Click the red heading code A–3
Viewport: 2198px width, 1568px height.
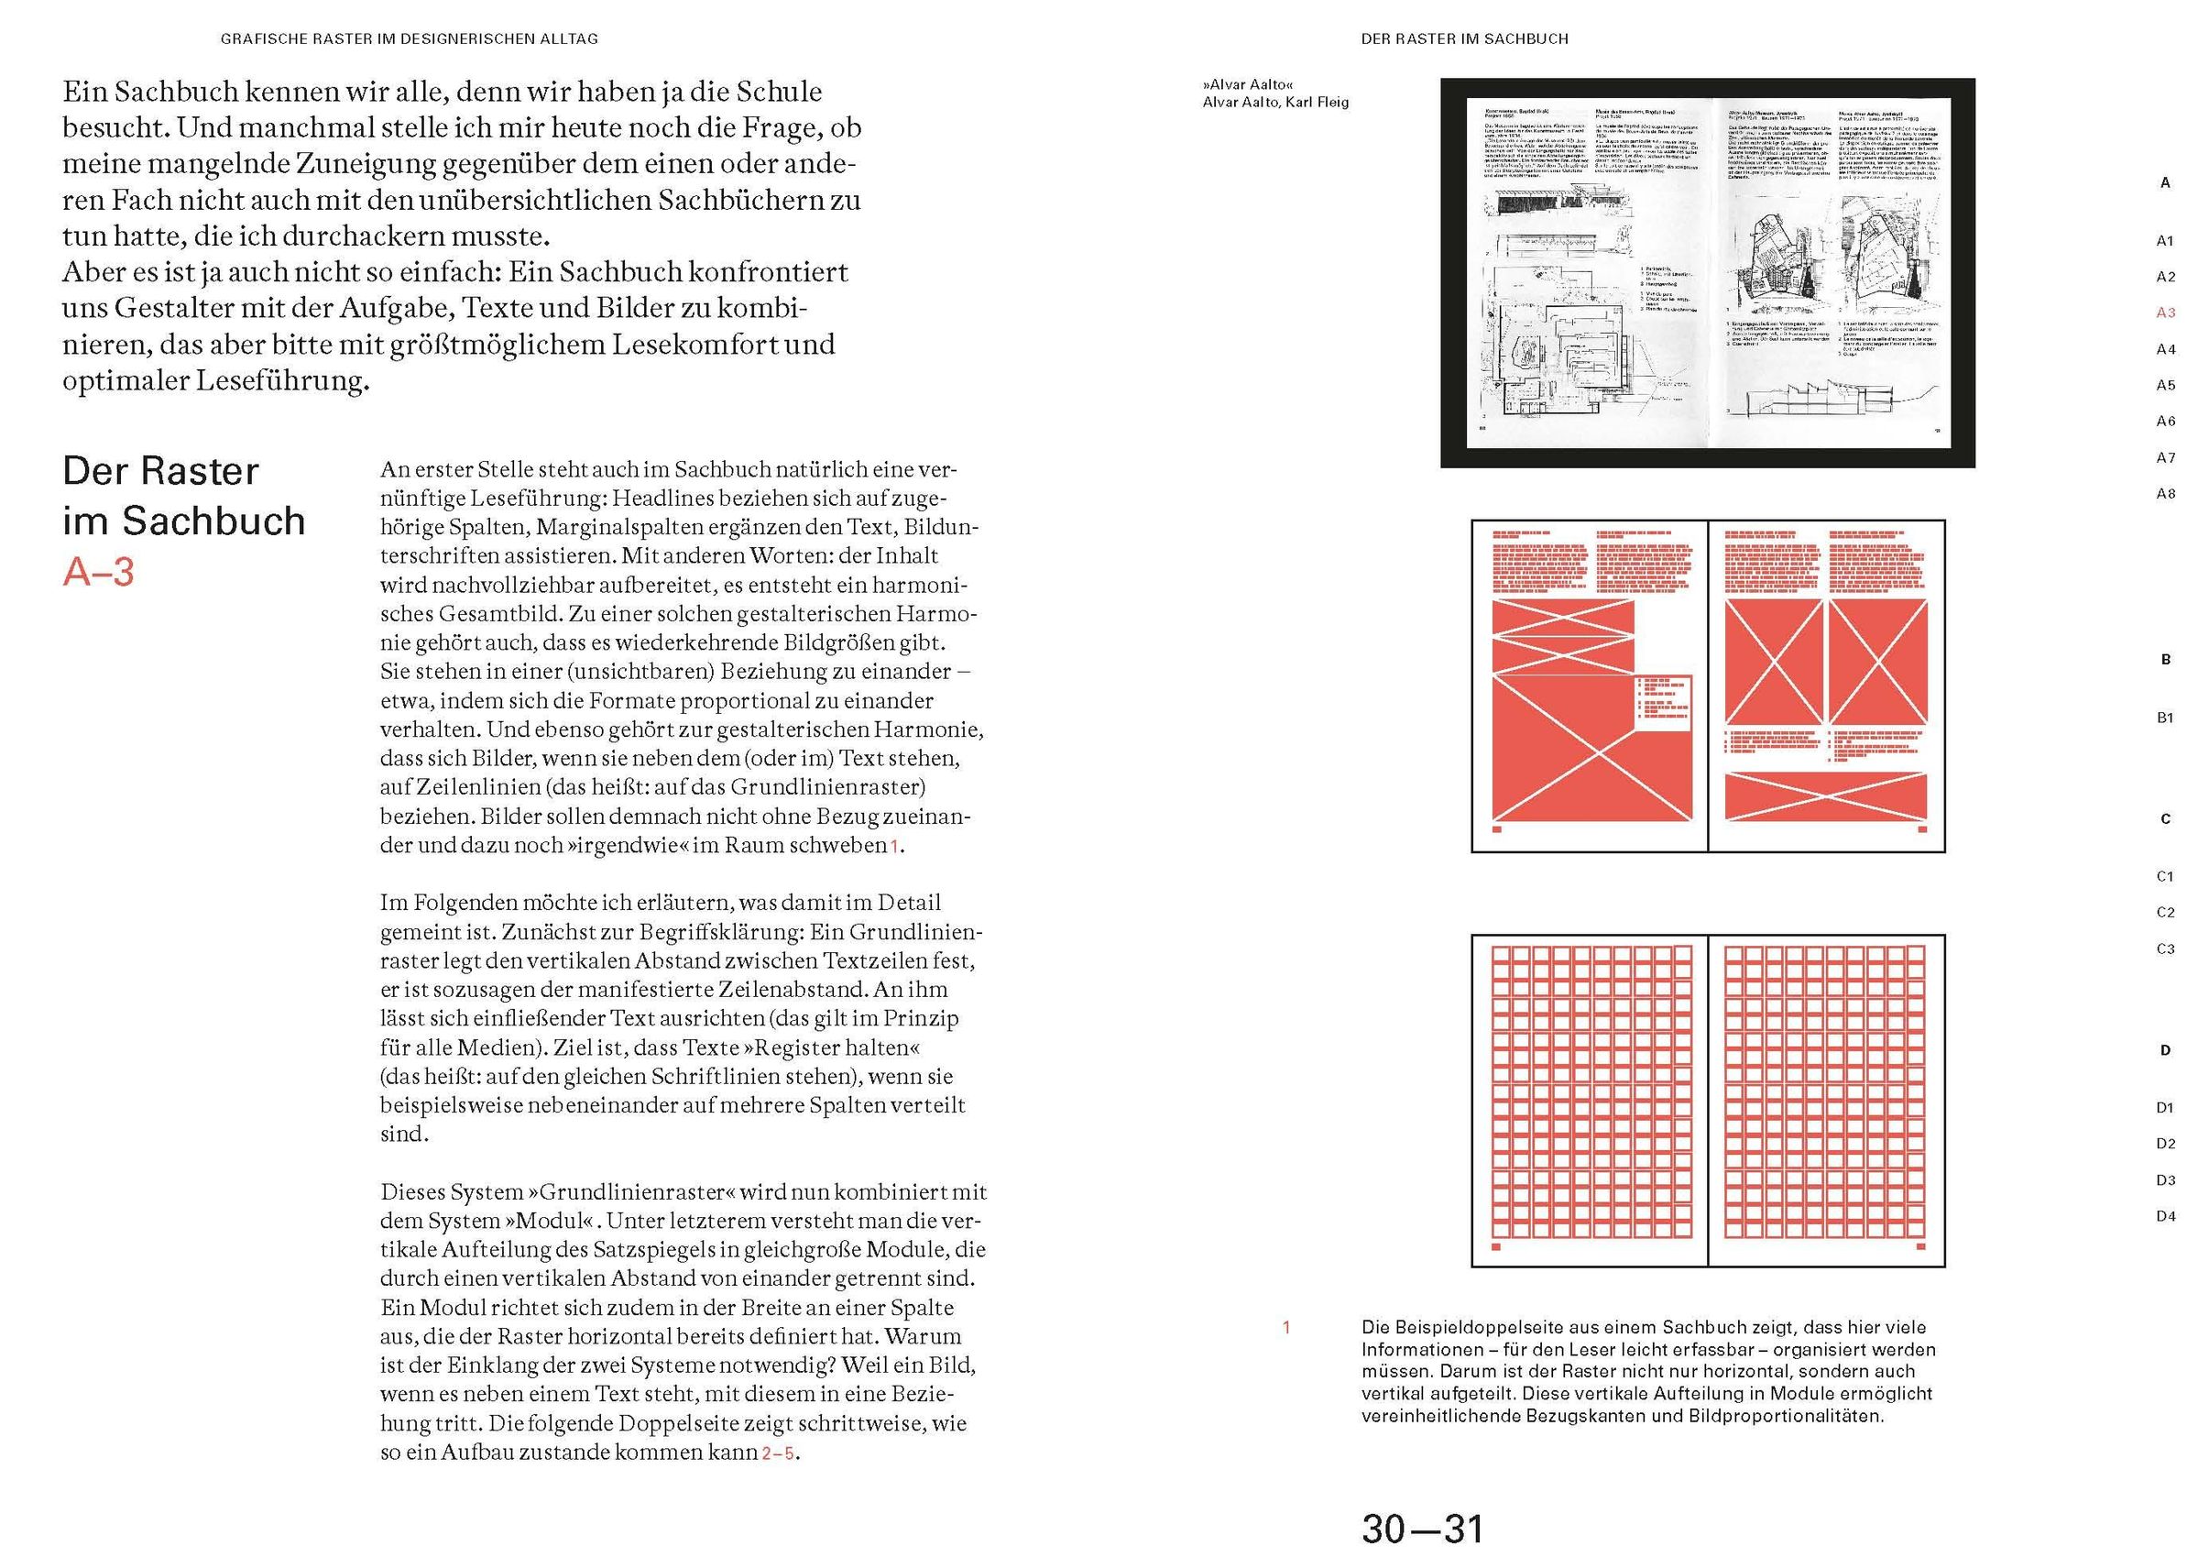coord(98,572)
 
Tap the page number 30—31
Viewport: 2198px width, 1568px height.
coord(1421,1530)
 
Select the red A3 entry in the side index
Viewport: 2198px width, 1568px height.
coord(2165,313)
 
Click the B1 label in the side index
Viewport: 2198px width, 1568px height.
coord(2165,718)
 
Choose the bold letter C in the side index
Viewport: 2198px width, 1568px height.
coord(2165,818)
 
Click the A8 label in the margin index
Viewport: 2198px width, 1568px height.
coord(2165,494)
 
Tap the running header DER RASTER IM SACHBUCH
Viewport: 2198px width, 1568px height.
coord(1464,39)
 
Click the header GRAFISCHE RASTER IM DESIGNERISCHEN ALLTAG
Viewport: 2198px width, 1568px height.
coord(410,39)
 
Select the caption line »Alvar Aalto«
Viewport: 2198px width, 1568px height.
coord(1247,85)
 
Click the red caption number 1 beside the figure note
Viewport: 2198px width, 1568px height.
coord(1285,1328)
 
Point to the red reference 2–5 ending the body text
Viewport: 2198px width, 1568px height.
coord(778,1453)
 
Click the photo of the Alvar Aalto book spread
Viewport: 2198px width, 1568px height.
coord(1707,273)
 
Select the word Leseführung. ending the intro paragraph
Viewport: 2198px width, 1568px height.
coord(283,380)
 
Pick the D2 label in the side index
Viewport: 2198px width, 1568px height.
coord(2165,1144)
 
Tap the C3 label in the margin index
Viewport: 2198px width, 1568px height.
coord(2165,949)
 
